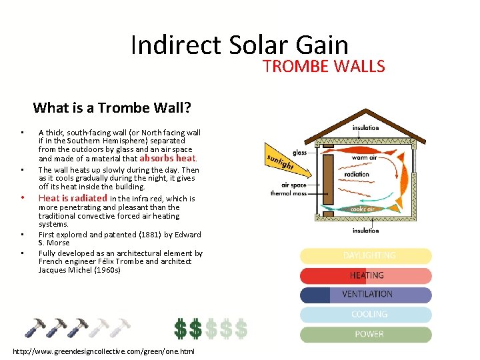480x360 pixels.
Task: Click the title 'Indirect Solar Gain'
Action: (x=239, y=45)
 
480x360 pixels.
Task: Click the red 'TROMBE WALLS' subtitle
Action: (x=323, y=66)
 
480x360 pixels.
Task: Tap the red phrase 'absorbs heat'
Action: (x=167, y=159)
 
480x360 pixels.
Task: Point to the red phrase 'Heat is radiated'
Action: (x=73, y=198)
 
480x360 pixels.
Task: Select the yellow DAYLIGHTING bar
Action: (x=365, y=256)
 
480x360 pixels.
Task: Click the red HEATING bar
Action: (x=365, y=275)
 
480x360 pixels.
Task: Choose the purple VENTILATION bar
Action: (x=365, y=295)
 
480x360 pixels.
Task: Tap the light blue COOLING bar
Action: (x=365, y=314)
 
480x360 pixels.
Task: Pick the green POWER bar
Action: (x=365, y=334)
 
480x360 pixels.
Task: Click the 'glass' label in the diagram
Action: (x=299, y=153)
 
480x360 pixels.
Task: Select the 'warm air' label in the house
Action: (x=363, y=158)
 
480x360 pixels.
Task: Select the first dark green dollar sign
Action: (x=181, y=327)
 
